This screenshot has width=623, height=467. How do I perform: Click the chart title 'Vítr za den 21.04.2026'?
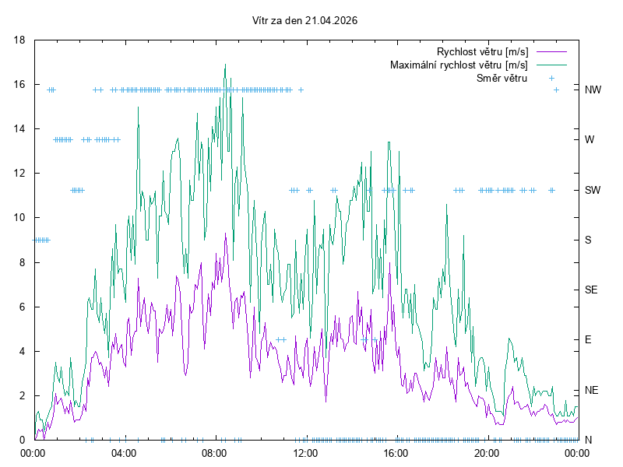coord(305,21)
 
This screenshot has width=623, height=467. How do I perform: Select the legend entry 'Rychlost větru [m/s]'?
coord(483,51)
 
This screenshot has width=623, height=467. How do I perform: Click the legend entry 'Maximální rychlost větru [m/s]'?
coord(459,65)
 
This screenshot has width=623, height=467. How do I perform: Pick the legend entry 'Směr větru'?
coord(502,78)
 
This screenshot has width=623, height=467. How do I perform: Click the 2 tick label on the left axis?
coord(23,395)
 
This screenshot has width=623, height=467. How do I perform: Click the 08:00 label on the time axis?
coord(214,453)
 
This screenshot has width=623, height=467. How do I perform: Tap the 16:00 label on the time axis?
coord(396,453)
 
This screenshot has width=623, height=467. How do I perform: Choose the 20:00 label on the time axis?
coord(487,453)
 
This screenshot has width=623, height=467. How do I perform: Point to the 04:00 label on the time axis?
coord(124,453)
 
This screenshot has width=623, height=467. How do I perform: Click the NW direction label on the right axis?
coord(593,90)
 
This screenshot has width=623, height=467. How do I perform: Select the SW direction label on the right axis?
coord(593,190)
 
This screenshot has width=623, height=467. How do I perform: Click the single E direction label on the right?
coord(588,340)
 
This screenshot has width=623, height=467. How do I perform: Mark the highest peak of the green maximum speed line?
coord(225,65)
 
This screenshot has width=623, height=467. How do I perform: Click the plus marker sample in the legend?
coord(551,78)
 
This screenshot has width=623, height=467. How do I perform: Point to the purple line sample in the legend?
coord(551,51)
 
